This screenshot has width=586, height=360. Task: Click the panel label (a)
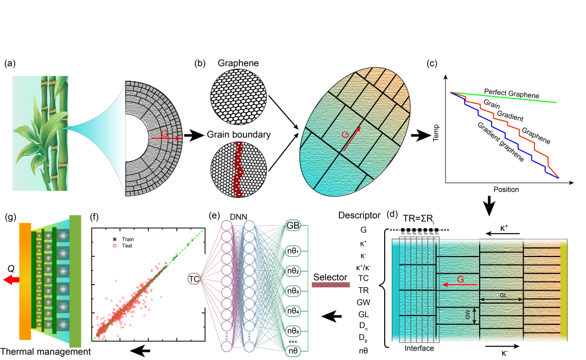9,63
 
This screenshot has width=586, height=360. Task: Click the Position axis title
506,190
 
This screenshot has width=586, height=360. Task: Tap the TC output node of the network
194,279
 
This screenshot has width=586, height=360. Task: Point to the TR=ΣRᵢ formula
418,220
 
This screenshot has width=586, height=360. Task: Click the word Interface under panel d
419,348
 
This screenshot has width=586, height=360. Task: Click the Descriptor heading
359,215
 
